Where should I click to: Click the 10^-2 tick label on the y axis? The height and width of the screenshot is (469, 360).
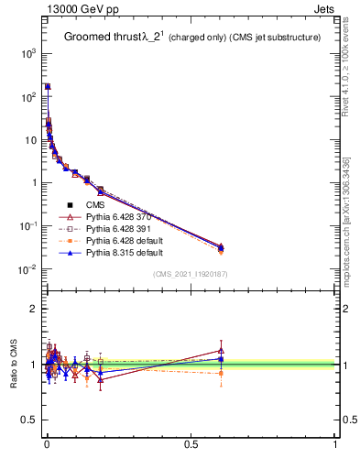tap(26, 268)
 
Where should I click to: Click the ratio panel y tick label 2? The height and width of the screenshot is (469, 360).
tap(31, 309)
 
